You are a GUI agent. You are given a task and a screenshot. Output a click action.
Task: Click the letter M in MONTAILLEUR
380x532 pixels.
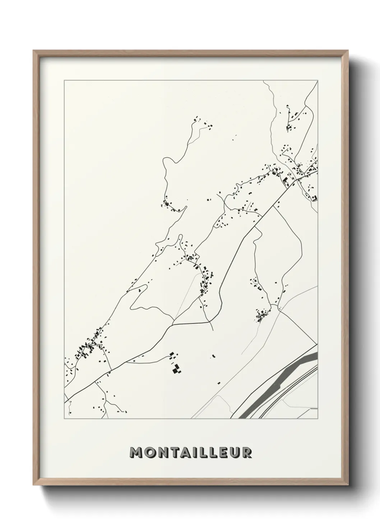coord(137,453)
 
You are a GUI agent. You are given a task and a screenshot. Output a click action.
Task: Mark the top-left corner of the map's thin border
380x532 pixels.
coord(64,81)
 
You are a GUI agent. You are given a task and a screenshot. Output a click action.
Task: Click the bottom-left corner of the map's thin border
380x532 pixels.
coord(64,419)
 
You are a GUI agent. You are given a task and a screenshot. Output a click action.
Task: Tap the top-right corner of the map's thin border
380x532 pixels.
coord(318,81)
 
